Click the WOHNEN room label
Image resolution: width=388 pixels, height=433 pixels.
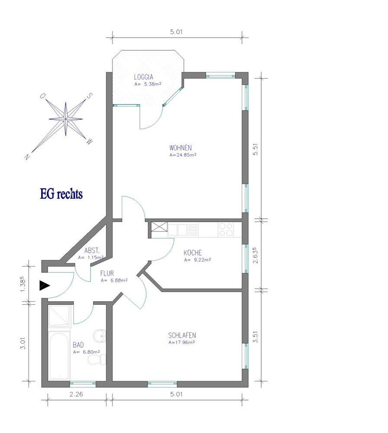coord(180,148)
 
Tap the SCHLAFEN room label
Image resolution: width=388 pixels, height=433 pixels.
coord(182,335)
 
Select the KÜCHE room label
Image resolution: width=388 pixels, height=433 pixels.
coord(192,252)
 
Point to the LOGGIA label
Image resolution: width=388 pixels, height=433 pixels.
coord(143,77)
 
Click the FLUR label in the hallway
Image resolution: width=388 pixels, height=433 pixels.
coord(107,273)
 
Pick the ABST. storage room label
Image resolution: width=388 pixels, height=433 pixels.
coord(92,250)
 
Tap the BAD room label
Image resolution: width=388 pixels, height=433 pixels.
coord(78,345)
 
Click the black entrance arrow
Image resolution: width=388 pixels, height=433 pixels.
coord(44,285)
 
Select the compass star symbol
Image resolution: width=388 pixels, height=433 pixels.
coord(66,119)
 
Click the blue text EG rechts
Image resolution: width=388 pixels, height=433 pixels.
coord(61,194)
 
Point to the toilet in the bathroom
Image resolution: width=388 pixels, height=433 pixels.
coord(97,360)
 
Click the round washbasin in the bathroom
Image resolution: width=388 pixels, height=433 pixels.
coord(100,336)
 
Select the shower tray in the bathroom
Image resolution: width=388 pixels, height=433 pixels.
coord(60,316)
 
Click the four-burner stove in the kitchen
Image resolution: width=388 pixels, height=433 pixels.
coord(226,230)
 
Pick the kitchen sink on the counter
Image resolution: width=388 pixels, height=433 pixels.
coord(183,230)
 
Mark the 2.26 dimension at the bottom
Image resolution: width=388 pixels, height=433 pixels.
coord(76,394)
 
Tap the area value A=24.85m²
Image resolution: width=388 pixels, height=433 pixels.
coord(183,155)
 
